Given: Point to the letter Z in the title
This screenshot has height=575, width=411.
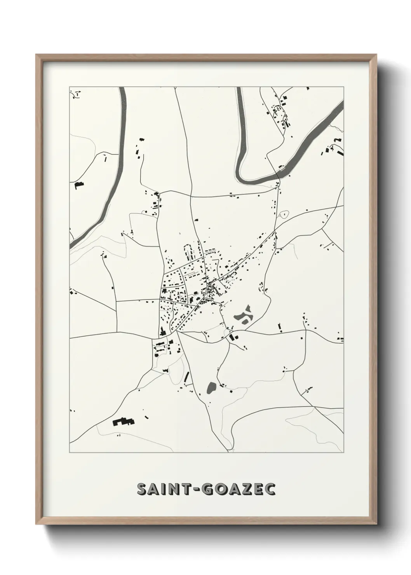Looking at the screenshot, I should [246, 490].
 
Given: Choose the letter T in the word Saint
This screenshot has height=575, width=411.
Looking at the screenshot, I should [185, 490].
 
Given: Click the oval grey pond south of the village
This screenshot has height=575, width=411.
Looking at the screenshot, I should [211, 387].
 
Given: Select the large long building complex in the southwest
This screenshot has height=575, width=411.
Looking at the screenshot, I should [123, 422].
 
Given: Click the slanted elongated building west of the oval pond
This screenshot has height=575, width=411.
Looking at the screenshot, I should [186, 376].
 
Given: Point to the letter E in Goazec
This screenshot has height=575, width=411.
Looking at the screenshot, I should [259, 490].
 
